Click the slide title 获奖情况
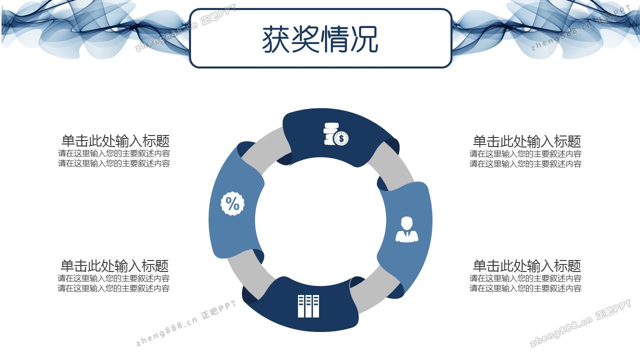tap(320, 39)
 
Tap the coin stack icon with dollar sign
tap(335, 133)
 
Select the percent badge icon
tap(232, 203)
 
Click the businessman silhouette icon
tap(406, 229)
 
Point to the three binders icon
tap(308, 306)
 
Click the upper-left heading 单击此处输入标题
tap(115, 141)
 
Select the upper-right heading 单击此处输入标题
tap(527, 141)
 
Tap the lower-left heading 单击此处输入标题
tap(114, 265)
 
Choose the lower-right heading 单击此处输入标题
tap(527, 265)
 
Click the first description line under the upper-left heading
tap(114, 153)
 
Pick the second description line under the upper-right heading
tap(525, 163)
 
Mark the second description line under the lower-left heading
tap(113, 288)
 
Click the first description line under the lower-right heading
tap(525, 278)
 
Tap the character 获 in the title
tap(276, 39)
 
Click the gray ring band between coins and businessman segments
tap(391, 164)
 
